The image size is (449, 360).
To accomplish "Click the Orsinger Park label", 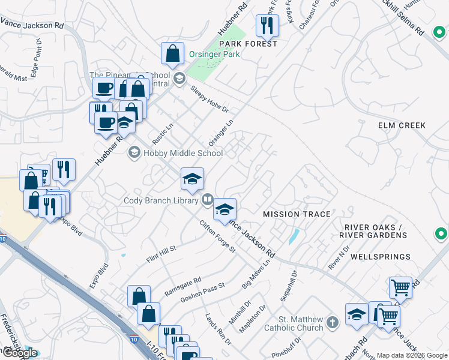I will (214, 54).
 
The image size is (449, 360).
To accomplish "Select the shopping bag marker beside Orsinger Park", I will (172, 53).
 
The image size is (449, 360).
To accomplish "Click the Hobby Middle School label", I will (183, 153).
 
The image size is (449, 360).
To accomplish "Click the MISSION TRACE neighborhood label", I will (297, 214).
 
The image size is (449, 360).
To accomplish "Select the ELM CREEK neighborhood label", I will (402, 125).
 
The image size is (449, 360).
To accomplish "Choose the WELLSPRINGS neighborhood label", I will (380, 257).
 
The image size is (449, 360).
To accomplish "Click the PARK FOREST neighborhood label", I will (248, 44).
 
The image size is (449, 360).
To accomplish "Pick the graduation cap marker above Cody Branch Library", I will (192, 179).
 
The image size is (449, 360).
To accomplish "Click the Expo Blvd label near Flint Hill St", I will (100, 276).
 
